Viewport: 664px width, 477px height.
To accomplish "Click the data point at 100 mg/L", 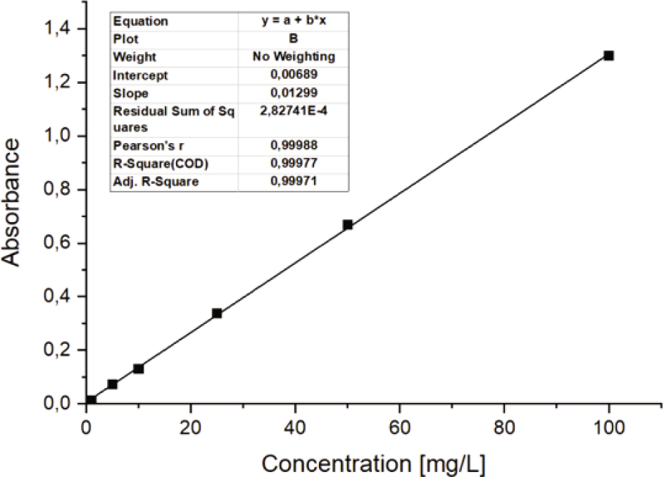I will tap(608, 56).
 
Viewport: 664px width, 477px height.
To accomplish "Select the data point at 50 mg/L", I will tap(347, 225).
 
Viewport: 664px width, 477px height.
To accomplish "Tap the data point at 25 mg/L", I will tap(217, 313).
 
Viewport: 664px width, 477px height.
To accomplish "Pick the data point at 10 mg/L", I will tap(139, 368).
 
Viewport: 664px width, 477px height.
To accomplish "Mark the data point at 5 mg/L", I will tap(113, 384).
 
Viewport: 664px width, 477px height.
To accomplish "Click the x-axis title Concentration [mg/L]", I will tap(373, 464).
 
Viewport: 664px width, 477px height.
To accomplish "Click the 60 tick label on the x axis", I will tap(399, 427).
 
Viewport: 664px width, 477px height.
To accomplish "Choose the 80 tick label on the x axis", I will tap(503, 427).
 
